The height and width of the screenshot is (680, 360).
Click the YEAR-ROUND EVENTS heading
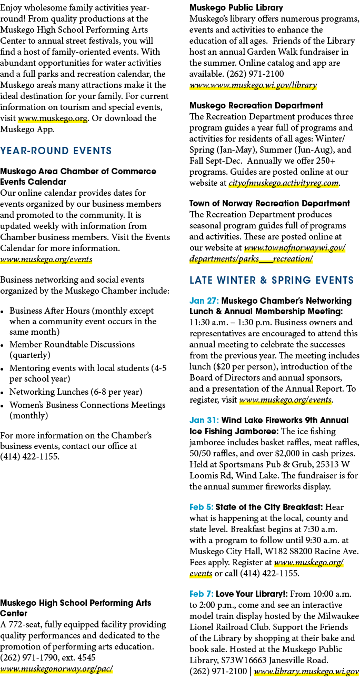point(56,151)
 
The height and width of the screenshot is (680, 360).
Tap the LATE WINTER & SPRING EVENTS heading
point(272,280)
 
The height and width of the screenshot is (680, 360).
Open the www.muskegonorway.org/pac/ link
point(56,669)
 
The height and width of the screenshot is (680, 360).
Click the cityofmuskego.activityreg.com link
point(284,183)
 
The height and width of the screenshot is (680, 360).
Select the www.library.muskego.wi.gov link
point(306,671)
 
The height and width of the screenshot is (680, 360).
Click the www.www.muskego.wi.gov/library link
point(253,85)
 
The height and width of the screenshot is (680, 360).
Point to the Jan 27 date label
point(204,301)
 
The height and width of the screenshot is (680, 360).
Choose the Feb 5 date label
point(202,507)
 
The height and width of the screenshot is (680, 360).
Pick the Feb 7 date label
point(202,594)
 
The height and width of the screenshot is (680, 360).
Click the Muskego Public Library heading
point(236,8)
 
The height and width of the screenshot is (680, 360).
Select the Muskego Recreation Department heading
point(256,106)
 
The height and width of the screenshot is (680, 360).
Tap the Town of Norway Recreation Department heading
point(269,203)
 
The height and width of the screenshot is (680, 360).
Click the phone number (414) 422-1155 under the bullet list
point(30,456)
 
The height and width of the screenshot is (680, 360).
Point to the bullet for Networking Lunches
point(2,393)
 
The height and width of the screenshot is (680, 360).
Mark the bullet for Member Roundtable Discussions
point(2,346)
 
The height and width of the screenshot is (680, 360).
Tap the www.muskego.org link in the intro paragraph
point(53,118)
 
